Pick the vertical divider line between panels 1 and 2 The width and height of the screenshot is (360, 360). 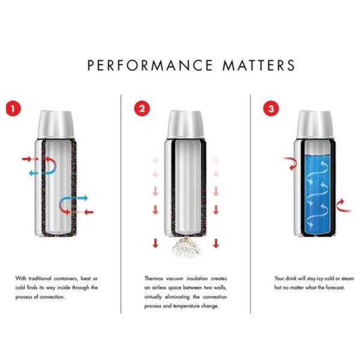coord(122,204)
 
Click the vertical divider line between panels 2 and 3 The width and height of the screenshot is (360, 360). coord(250,204)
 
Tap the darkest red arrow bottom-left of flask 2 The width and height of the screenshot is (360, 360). coord(155,243)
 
